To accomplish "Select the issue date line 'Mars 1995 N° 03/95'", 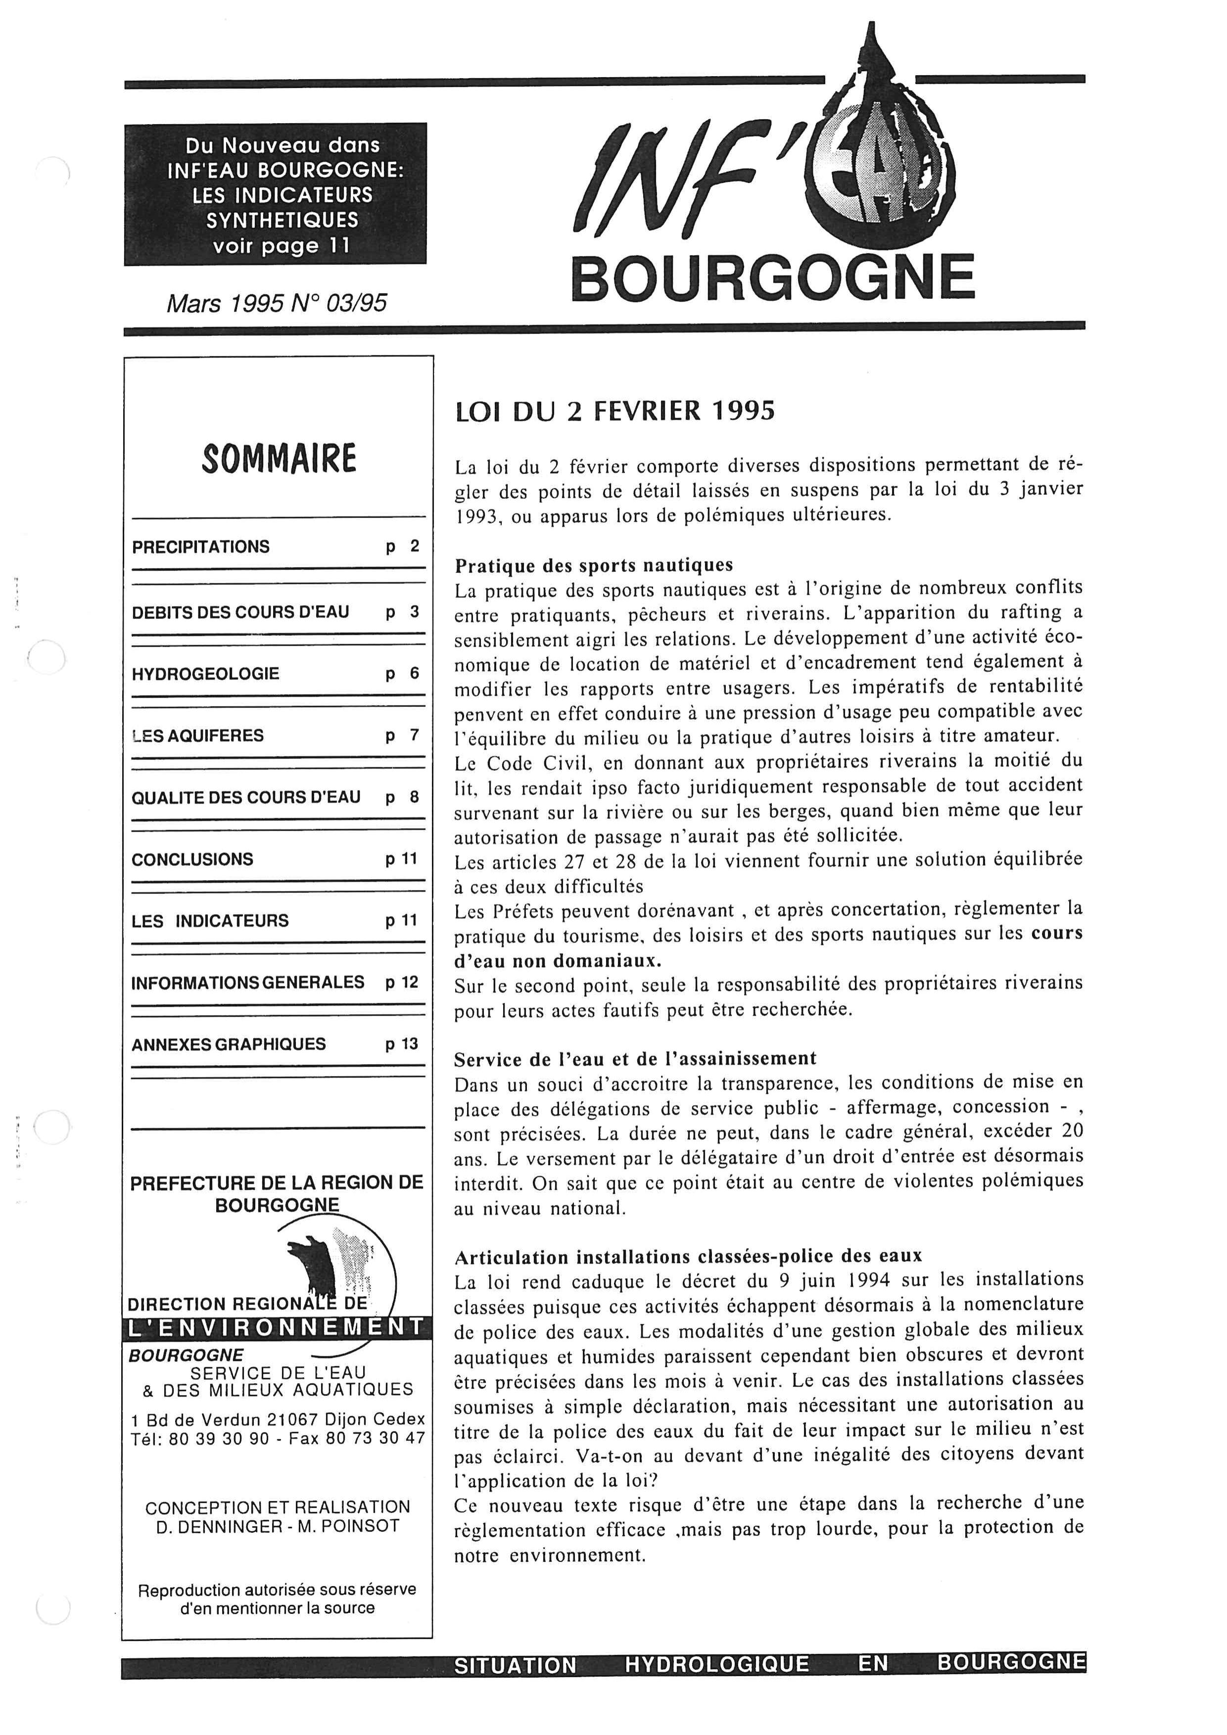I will pos(277,303).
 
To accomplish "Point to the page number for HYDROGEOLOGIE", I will pos(403,673).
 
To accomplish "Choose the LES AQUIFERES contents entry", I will pos(197,735).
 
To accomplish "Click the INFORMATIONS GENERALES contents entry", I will pos(248,983).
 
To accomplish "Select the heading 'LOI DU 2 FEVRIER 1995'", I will pos(615,411).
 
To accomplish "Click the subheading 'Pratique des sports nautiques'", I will pos(594,565).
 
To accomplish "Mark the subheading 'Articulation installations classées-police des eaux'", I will pos(688,1257).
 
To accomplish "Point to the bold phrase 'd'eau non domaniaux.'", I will pos(558,960).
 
